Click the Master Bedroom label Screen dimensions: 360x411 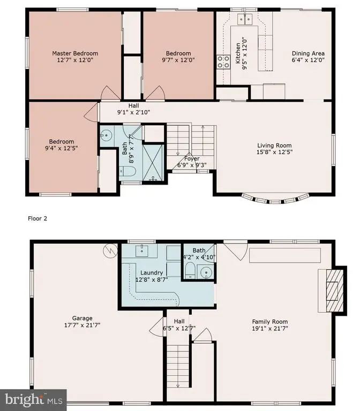pos(75,54)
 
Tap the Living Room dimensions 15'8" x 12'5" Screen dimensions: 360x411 pos(274,152)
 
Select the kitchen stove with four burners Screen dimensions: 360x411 pos(223,62)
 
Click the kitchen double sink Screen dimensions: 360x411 pos(245,19)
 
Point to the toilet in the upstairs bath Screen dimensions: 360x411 pos(127,172)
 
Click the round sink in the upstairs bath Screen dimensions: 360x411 pos(106,135)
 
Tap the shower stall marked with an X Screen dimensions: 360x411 pos(153,162)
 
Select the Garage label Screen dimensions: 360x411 pos(82,318)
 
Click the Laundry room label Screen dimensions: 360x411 pos(152,272)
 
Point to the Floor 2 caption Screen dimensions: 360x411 pos(37,218)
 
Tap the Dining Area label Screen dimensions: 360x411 pos(308,54)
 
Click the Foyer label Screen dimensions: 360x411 pos(192,158)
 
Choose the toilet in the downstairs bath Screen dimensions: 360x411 pos(190,271)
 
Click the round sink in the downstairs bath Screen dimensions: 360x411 pos(206,272)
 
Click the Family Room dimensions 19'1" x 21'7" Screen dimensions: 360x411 pos(270,329)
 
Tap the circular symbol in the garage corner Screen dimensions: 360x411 pos(110,251)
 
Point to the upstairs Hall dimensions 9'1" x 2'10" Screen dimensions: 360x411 pos(133,112)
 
